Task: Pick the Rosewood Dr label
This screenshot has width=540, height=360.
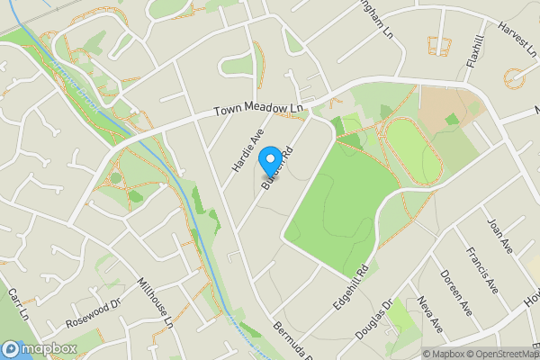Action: (x=93, y=310)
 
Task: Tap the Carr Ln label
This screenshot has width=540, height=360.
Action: (x=18, y=305)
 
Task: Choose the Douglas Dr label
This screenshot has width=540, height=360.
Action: (x=373, y=319)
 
